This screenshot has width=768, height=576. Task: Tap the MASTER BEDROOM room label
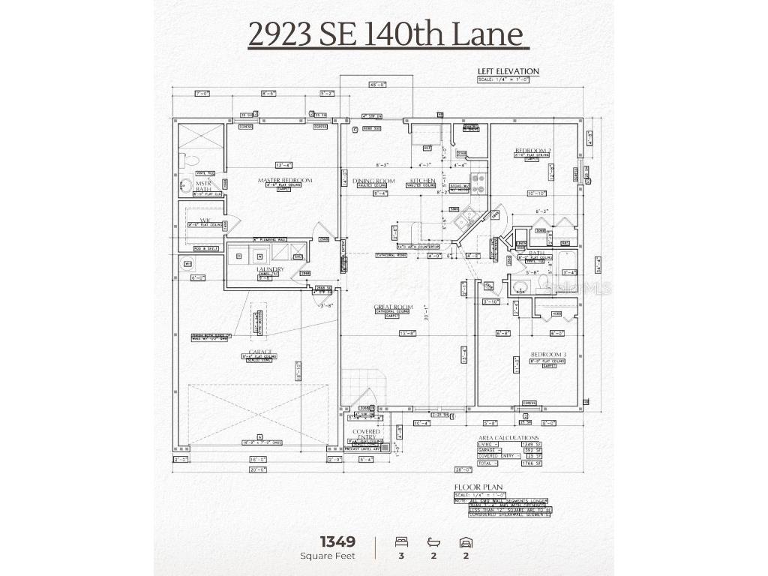(x=285, y=180)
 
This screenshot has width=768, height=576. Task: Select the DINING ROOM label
(x=373, y=181)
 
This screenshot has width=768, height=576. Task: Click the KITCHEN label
(x=422, y=181)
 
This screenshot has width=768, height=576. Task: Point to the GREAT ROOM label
(x=394, y=307)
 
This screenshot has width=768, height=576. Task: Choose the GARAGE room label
(x=260, y=352)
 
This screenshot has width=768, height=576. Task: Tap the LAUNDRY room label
(x=269, y=268)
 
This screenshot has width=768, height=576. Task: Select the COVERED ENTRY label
(x=367, y=435)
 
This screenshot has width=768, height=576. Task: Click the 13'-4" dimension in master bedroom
(x=283, y=165)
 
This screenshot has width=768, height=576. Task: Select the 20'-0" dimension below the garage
(x=258, y=469)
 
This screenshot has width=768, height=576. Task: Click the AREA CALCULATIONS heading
(x=508, y=437)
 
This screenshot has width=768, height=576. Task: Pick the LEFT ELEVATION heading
(x=508, y=71)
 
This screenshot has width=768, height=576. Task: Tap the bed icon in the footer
(x=401, y=541)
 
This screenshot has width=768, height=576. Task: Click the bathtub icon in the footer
(x=433, y=541)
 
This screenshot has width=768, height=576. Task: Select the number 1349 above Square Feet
(x=337, y=541)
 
